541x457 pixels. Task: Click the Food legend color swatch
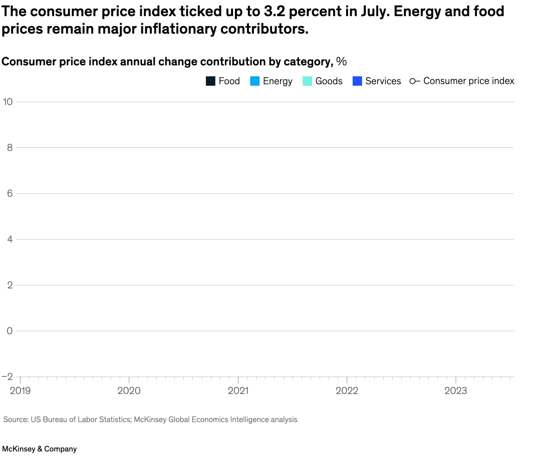point(210,81)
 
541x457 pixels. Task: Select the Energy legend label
point(278,81)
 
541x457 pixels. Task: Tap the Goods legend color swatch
point(308,81)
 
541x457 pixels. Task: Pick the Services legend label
point(383,81)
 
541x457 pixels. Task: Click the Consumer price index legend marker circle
point(412,81)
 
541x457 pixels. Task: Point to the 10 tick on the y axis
point(8,102)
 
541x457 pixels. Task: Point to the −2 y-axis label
point(8,377)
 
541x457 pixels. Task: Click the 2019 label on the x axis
point(20,391)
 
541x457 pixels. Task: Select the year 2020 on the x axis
point(129,391)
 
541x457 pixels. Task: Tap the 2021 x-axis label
point(238,391)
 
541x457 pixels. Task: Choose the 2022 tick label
point(347,391)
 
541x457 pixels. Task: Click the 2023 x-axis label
point(456,391)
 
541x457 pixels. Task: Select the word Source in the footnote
point(15,419)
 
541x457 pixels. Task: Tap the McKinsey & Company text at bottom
point(40,449)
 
